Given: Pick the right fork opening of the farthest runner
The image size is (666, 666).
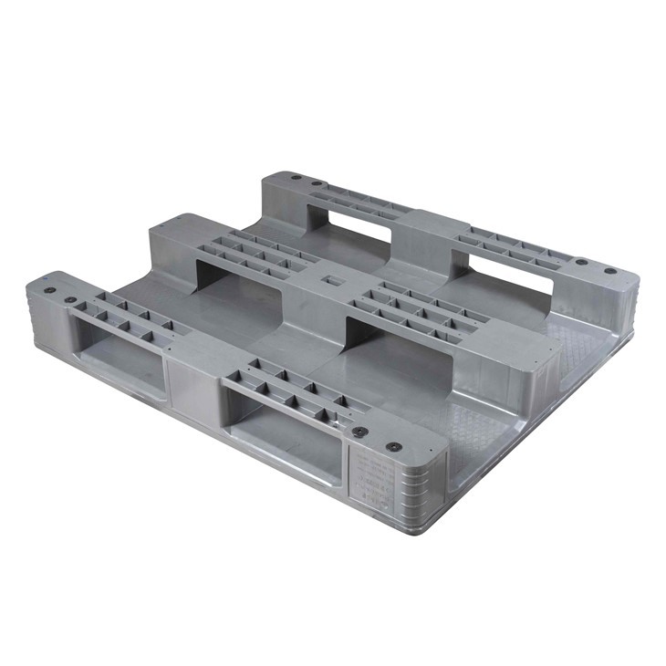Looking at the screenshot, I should tap(511, 270).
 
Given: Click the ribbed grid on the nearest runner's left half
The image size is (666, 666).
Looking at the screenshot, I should tap(128, 314).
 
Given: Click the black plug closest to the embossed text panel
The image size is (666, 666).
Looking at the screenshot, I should tap(393, 447).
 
